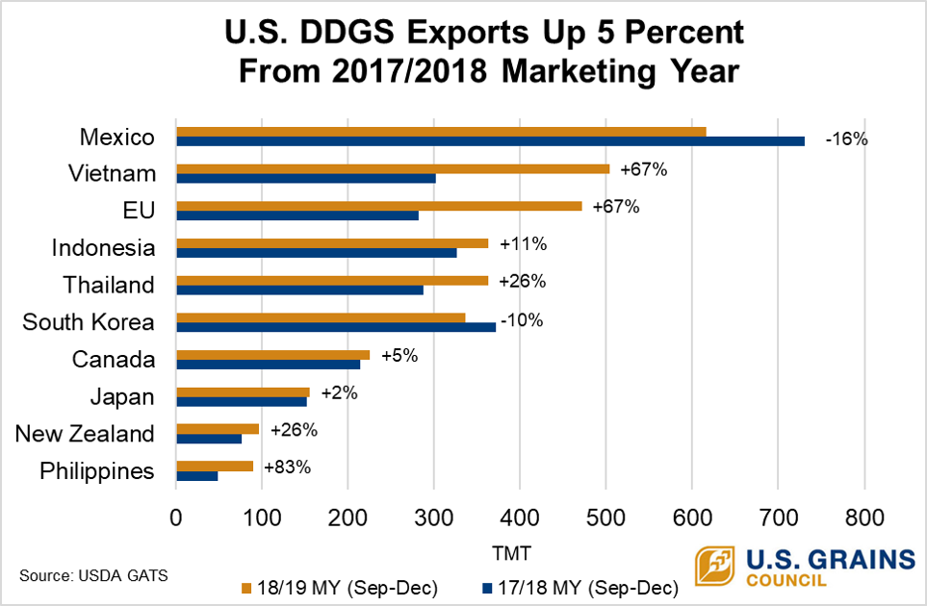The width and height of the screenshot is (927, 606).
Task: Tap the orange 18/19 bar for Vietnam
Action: coord(393,168)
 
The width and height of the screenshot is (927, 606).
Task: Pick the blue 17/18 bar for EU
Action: coord(297,215)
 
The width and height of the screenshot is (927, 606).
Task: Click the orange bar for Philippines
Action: coord(215,466)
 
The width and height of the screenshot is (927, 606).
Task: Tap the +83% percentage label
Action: coord(287,467)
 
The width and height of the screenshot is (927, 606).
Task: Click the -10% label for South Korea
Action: coord(521,319)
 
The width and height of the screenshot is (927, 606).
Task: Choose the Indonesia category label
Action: coord(103,248)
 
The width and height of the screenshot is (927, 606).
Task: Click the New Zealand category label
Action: coord(85,434)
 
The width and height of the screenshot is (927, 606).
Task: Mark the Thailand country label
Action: coord(109,285)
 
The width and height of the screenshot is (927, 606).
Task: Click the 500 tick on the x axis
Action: coord(605,517)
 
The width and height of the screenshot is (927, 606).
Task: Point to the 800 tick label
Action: coord(863,517)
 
